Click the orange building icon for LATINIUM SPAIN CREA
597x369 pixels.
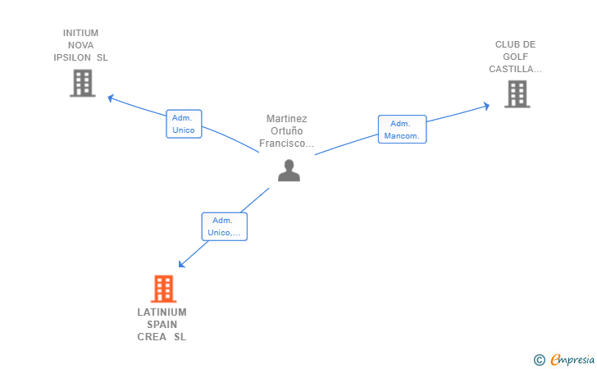[x=164, y=289]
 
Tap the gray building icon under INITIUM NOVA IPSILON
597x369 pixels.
[x=83, y=83]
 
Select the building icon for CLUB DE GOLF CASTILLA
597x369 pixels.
[x=517, y=94]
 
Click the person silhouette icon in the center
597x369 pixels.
[x=289, y=171]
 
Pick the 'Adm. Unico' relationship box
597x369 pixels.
[x=184, y=124]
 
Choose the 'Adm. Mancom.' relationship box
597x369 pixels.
[x=402, y=129]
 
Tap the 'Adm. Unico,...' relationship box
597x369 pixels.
[x=224, y=226]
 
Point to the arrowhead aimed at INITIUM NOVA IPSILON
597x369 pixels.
[x=111, y=98]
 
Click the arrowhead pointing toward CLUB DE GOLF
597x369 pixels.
[x=486, y=106]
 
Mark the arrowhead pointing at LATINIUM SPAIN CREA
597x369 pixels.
[x=182, y=263]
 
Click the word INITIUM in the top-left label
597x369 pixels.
[x=80, y=33]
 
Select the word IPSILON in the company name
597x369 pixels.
[x=72, y=57]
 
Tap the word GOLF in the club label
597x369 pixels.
[x=516, y=57]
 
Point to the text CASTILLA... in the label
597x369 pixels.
[x=515, y=69]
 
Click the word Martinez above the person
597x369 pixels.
[x=287, y=119]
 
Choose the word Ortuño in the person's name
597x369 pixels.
[x=287, y=131]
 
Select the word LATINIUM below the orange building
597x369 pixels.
[x=162, y=312]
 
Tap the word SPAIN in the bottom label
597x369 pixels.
[x=162, y=325]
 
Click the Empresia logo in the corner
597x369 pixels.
[x=572, y=360]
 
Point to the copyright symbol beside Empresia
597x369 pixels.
[x=540, y=360]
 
